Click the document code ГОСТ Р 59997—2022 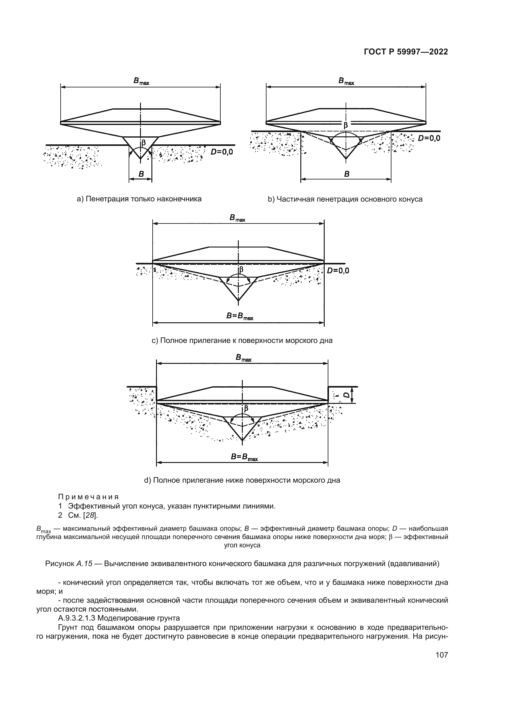(406, 52)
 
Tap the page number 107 (442, 655)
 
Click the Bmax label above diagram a (141, 81)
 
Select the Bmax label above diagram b (346, 81)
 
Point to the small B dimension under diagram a (141, 174)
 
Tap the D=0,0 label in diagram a (222, 152)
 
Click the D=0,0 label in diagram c (338, 271)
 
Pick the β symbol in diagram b (346, 125)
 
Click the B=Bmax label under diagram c (240, 316)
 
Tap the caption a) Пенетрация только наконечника (139, 199)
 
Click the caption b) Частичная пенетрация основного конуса (345, 199)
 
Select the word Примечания (89, 497)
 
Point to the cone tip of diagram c (238, 301)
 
